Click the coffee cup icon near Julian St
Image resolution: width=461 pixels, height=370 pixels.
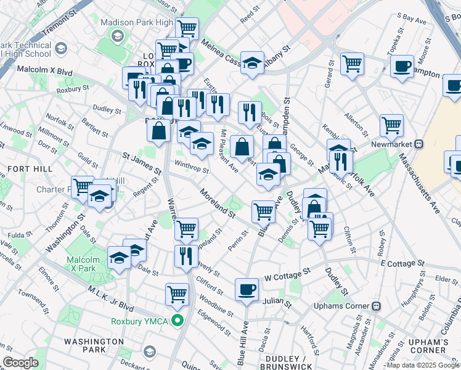tap(247, 289)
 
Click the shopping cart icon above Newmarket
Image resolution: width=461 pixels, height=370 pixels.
tap(391, 125)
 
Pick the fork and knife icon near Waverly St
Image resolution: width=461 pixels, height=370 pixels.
tap(186, 256)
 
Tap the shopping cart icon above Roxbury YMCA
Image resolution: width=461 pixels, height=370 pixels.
tap(177, 294)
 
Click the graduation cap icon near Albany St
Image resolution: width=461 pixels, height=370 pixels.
tap(251, 62)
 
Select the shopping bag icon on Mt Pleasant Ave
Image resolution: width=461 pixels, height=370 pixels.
tap(242, 147)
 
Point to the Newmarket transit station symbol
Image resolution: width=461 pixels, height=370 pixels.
tap(419, 144)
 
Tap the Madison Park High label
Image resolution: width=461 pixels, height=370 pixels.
tap(137, 22)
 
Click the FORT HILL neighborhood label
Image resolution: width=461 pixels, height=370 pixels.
tap(23, 168)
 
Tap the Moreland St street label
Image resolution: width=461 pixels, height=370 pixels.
tap(217, 203)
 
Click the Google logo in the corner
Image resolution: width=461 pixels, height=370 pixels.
tap(20, 363)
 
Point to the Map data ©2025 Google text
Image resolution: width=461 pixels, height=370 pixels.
tap(422, 365)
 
